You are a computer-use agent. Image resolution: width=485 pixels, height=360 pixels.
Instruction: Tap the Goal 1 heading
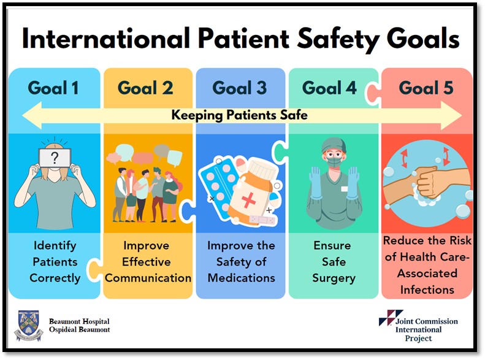tap(53, 88)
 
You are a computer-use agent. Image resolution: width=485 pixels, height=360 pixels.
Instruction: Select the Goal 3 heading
tap(239, 88)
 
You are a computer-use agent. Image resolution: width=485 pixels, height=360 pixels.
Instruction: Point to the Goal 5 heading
tap(426, 88)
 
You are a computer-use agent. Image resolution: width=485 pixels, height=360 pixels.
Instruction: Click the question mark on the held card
tap(55, 158)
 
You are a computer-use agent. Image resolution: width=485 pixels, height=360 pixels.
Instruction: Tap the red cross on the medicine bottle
tap(249, 200)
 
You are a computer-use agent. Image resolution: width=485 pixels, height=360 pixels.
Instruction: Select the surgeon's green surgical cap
tap(333, 145)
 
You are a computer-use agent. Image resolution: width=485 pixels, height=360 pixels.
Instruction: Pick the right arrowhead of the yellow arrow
tap(451, 115)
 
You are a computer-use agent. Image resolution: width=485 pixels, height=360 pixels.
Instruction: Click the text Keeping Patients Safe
tap(239, 115)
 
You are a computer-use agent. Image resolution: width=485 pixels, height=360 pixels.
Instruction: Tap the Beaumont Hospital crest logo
tap(28, 326)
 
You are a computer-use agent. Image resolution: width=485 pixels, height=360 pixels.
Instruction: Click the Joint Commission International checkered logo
tap(391, 317)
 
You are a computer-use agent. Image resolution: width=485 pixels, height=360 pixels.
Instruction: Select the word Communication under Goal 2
tap(148, 278)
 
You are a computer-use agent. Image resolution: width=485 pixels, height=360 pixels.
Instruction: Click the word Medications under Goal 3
tap(241, 278)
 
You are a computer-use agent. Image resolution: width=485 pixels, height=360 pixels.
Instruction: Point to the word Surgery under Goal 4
tap(334, 278)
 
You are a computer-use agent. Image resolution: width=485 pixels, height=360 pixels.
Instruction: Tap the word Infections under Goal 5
tap(427, 290)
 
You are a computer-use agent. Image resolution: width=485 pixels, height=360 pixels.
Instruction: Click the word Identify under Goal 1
tap(55, 246)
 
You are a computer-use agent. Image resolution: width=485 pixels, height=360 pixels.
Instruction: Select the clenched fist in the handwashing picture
tap(430, 183)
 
